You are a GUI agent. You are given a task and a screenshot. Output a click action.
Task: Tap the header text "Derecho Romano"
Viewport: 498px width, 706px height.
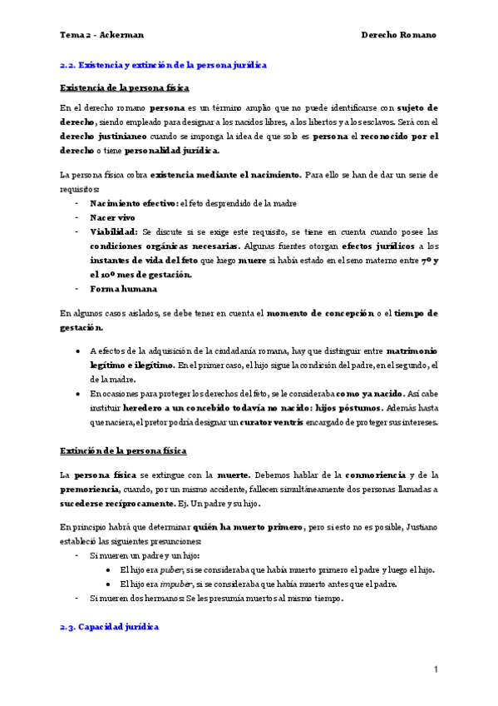[x=398, y=35]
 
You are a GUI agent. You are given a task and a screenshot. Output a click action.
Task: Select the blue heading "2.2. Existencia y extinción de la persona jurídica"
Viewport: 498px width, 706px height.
[x=163, y=65]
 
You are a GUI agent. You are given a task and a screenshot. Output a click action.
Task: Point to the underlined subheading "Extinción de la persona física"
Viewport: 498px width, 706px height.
[x=123, y=450]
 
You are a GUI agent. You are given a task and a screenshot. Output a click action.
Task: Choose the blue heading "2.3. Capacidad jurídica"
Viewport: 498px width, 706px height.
[x=109, y=626]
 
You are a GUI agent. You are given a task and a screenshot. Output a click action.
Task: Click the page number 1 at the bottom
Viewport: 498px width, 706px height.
[x=435, y=669]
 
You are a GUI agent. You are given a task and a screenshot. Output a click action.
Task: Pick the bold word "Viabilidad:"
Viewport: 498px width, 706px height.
[x=114, y=231]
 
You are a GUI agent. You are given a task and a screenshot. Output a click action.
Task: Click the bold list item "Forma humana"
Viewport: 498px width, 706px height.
[x=122, y=289]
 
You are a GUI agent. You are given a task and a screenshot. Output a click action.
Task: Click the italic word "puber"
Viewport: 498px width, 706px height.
[x=170, y=569]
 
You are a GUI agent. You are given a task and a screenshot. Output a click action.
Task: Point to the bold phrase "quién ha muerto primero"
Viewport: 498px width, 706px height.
[x=246, y=527]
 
